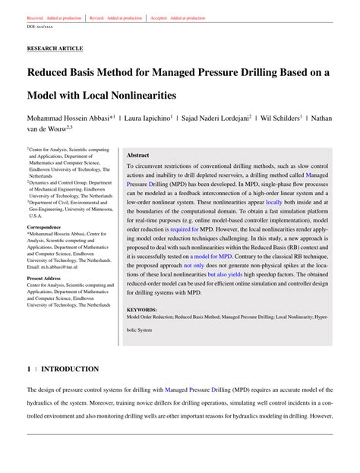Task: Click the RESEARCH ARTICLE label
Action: click(55, 48)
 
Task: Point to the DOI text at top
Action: click(41, 26)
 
